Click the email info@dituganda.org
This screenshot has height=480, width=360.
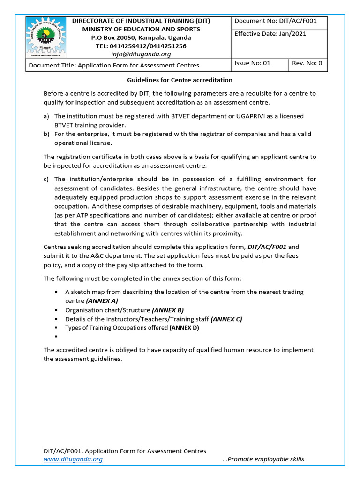140,54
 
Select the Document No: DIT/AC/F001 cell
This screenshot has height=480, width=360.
276,21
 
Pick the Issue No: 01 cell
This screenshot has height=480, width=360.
252,63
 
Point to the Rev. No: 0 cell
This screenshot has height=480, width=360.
307,63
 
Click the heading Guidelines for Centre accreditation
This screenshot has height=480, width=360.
180,80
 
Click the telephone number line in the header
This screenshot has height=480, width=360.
141,46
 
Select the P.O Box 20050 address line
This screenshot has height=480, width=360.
141,37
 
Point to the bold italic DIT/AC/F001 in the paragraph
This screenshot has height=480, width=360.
266,247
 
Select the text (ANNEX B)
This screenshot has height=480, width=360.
168,310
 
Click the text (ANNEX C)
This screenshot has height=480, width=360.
226,319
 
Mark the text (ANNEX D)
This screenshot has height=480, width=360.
184,328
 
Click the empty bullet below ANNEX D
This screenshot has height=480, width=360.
56,337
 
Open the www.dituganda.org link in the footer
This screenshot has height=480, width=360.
73,459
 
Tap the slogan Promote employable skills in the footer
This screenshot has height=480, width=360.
263,459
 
